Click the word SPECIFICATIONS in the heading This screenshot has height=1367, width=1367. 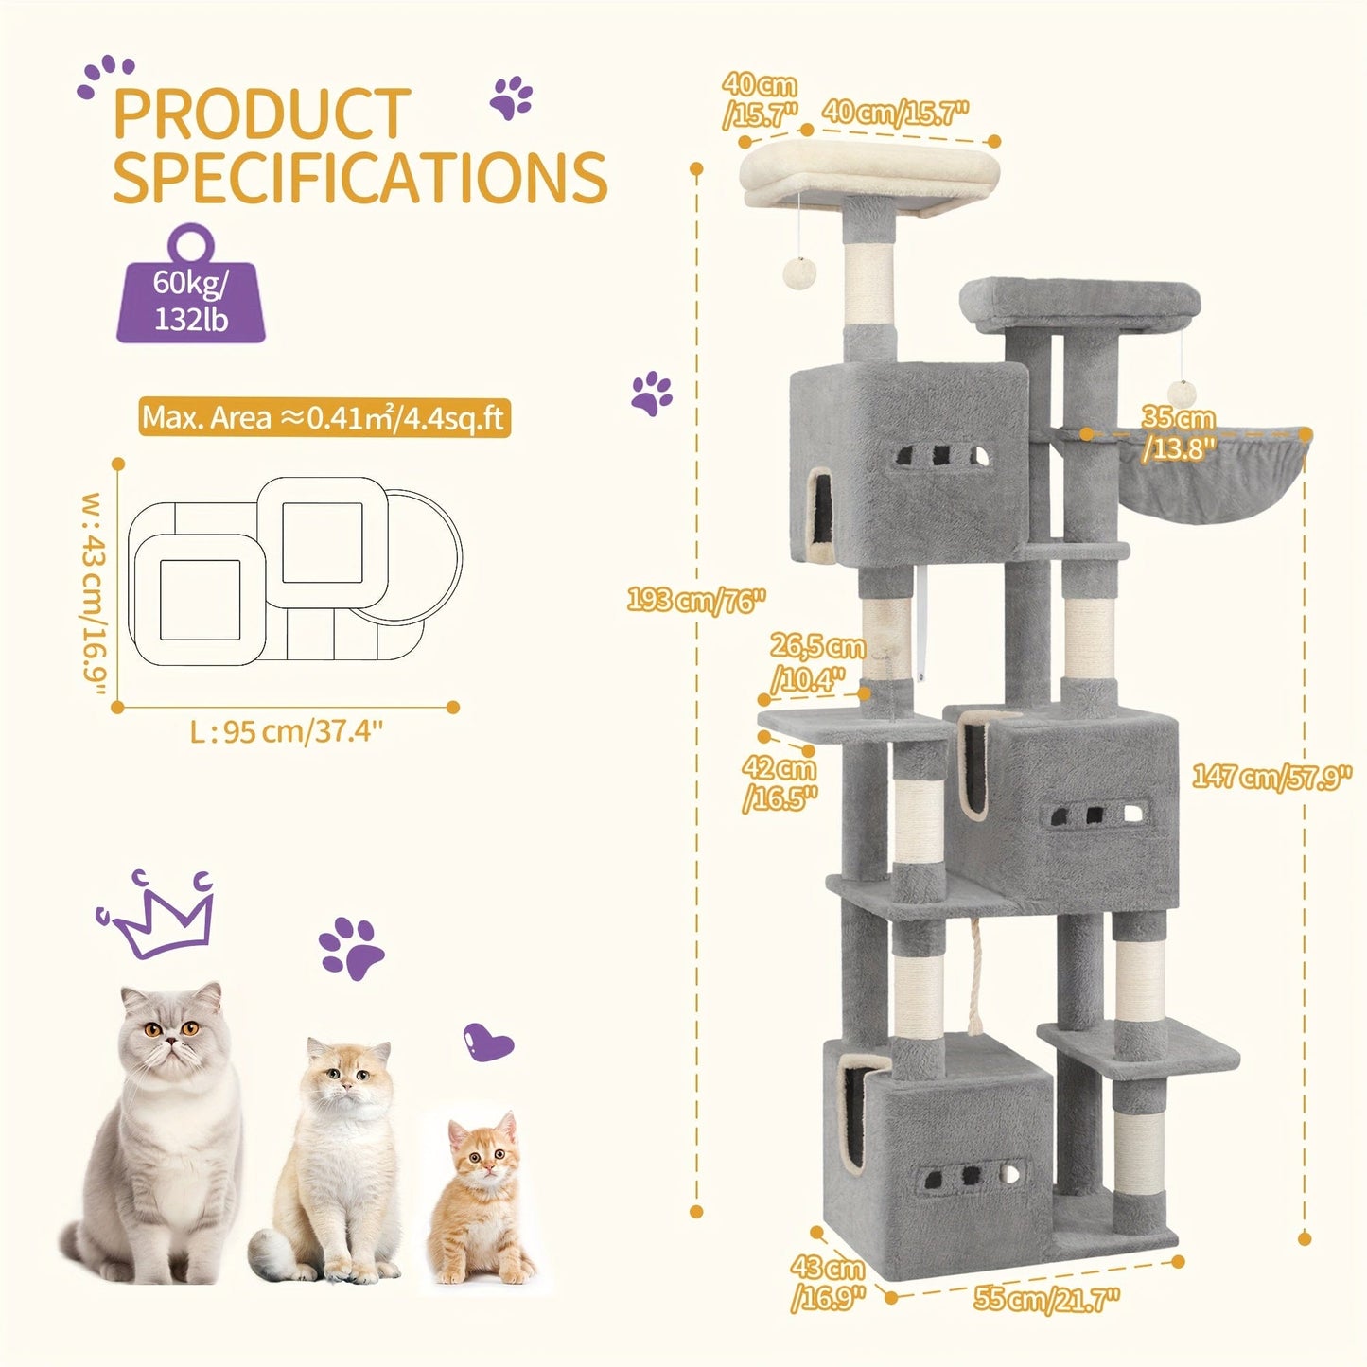pyautogui.click(x=359, y=177)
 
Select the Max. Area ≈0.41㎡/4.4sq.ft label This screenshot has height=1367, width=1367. pyautogui.click(x=324, y=417)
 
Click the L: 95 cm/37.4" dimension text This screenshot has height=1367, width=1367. pyautogui.click(x=286, y=731)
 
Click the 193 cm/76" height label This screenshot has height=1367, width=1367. pyautogui.click(x=695, y=599)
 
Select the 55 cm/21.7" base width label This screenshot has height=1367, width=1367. pyautogui.click(x=1046, y=1299)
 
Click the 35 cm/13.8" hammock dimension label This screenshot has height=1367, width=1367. pyautogui.click(x=1178, y=432)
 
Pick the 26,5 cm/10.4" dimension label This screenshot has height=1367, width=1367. pyautogui.click(x=816, y=662)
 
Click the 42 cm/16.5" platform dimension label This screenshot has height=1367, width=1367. pyautogui.click(x=780, y=783)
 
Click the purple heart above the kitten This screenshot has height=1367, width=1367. pyautogui.click(x=488, y=1043)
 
